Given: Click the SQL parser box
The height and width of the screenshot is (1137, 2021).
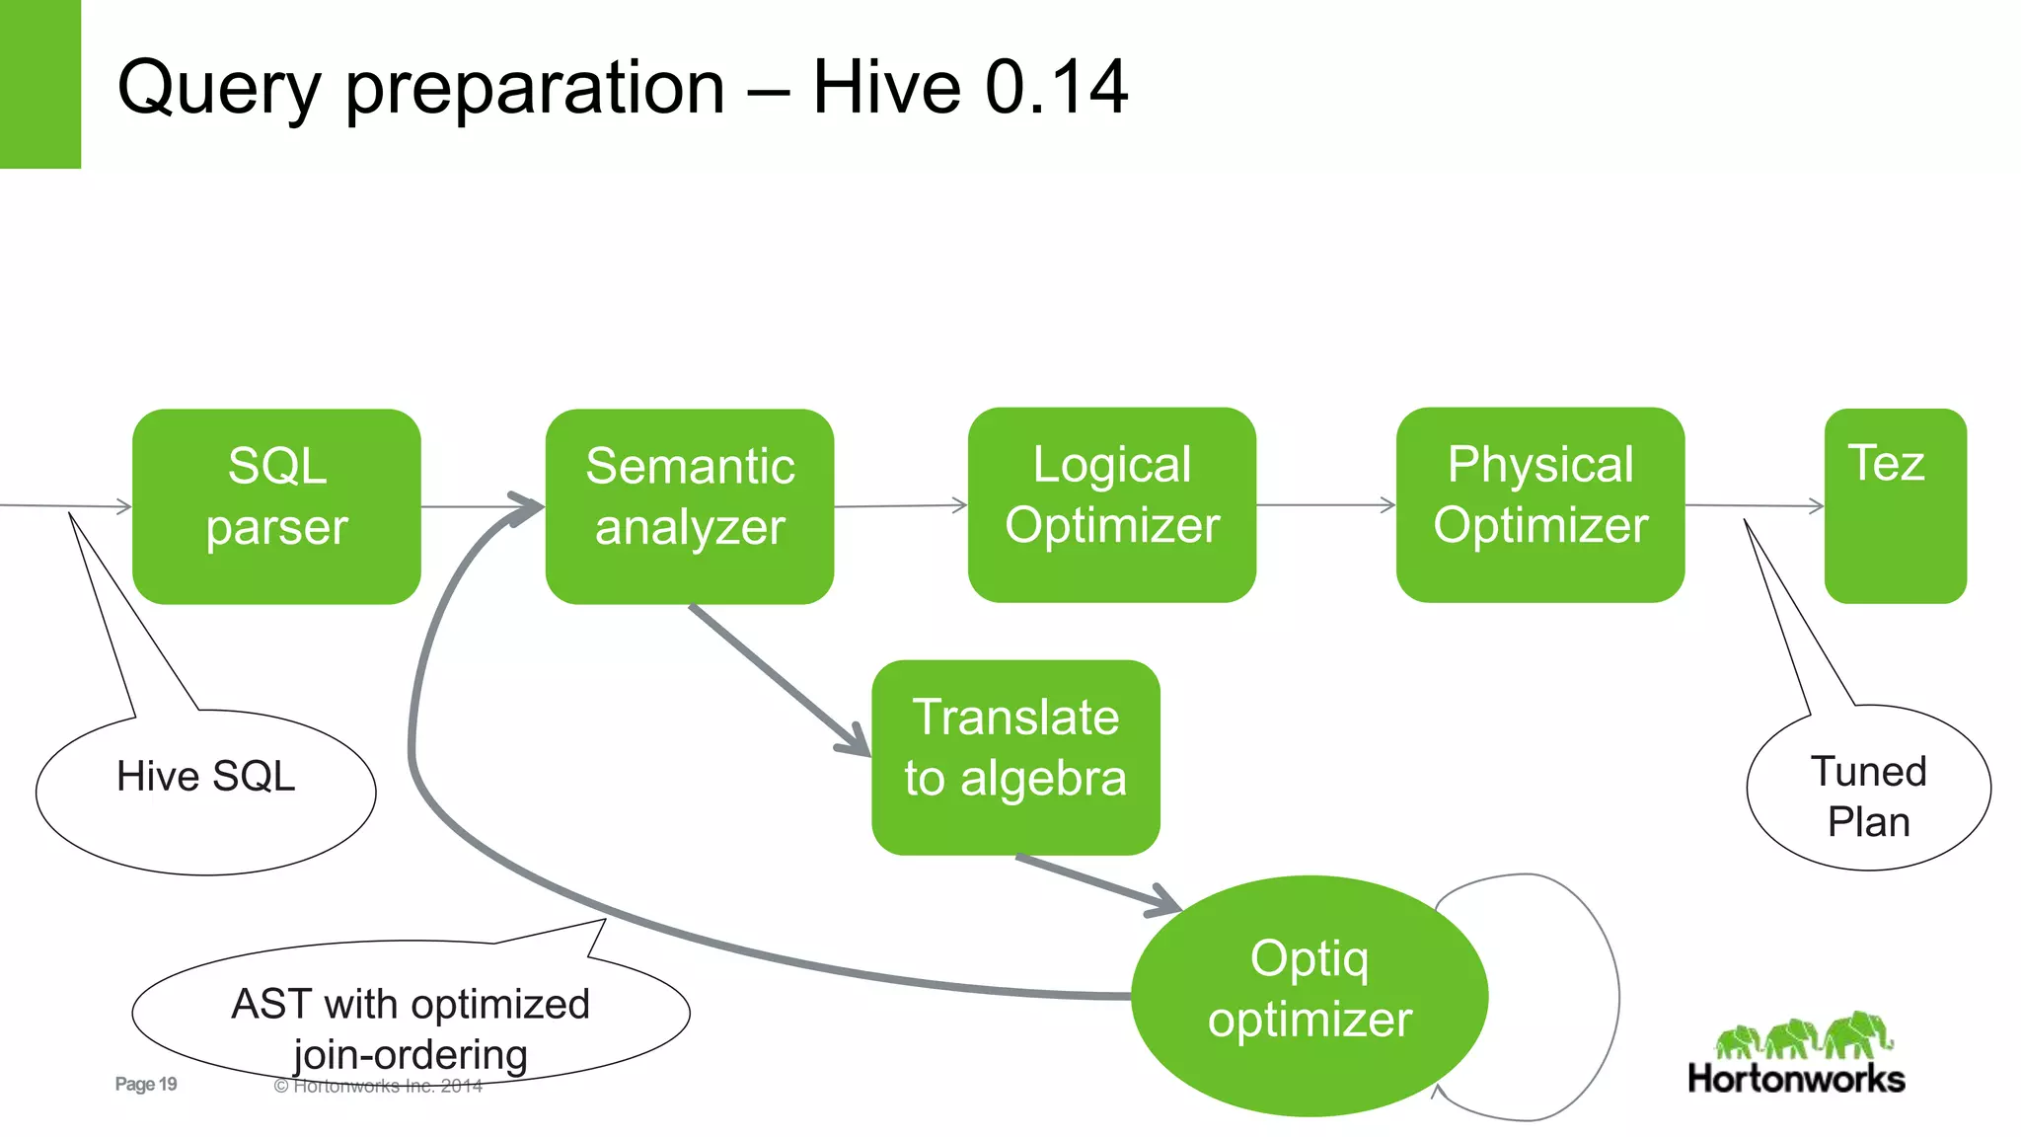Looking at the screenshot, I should click(276, 506).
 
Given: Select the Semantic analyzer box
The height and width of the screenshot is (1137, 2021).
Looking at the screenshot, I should click(689, 506).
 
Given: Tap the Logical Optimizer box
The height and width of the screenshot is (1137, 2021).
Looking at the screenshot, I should click(1111, 504).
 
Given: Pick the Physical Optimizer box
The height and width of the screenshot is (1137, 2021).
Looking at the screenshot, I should click(1539, 504).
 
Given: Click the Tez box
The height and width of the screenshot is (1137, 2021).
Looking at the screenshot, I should click(1895, 506).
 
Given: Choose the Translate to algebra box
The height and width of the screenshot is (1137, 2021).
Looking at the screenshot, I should click(1015, 757).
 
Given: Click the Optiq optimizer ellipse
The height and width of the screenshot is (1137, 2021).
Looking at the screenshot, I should click(1309, 995).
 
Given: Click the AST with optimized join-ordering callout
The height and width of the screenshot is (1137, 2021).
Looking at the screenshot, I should click(410, 1017).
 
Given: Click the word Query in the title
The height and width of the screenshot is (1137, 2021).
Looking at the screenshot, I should click(219, 89).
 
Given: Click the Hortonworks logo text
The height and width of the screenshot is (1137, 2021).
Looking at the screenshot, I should click(1796, 1079).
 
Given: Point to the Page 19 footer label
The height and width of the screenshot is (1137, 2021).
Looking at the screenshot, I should click(146, 1084).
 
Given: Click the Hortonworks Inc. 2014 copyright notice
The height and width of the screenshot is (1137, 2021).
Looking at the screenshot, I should click(379, 1087).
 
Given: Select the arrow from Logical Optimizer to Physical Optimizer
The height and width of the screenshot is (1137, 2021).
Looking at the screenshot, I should click(1325, 505).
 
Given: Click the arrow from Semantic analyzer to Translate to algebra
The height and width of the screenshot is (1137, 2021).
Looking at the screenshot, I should click(780, 681).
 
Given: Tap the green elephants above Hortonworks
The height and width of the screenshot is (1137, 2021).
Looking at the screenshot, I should click(1804, 1036).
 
